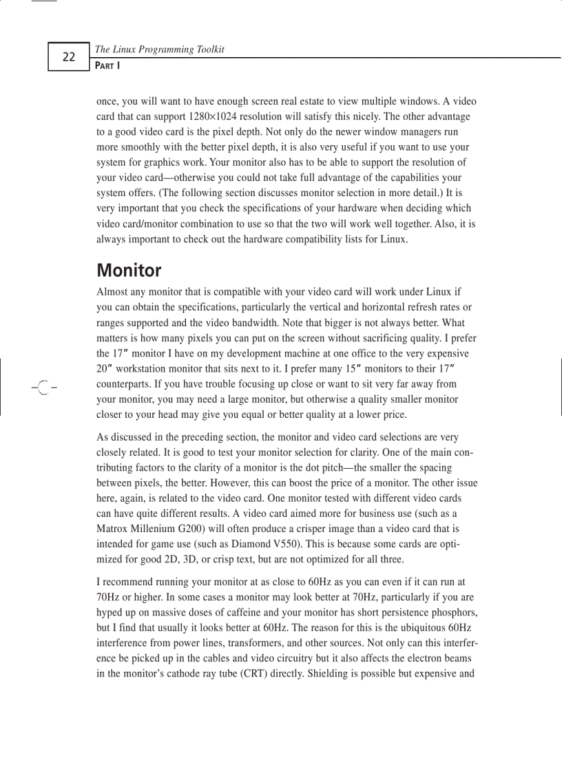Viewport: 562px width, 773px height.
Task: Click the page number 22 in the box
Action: point(68,57)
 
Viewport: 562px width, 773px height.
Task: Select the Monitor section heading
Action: point(129,270)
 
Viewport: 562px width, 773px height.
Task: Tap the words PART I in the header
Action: point(107,65)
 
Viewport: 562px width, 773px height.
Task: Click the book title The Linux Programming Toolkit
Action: point(159,49)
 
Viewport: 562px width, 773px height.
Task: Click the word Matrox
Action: point(112,529)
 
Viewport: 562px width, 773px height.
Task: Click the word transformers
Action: point(251,642)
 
